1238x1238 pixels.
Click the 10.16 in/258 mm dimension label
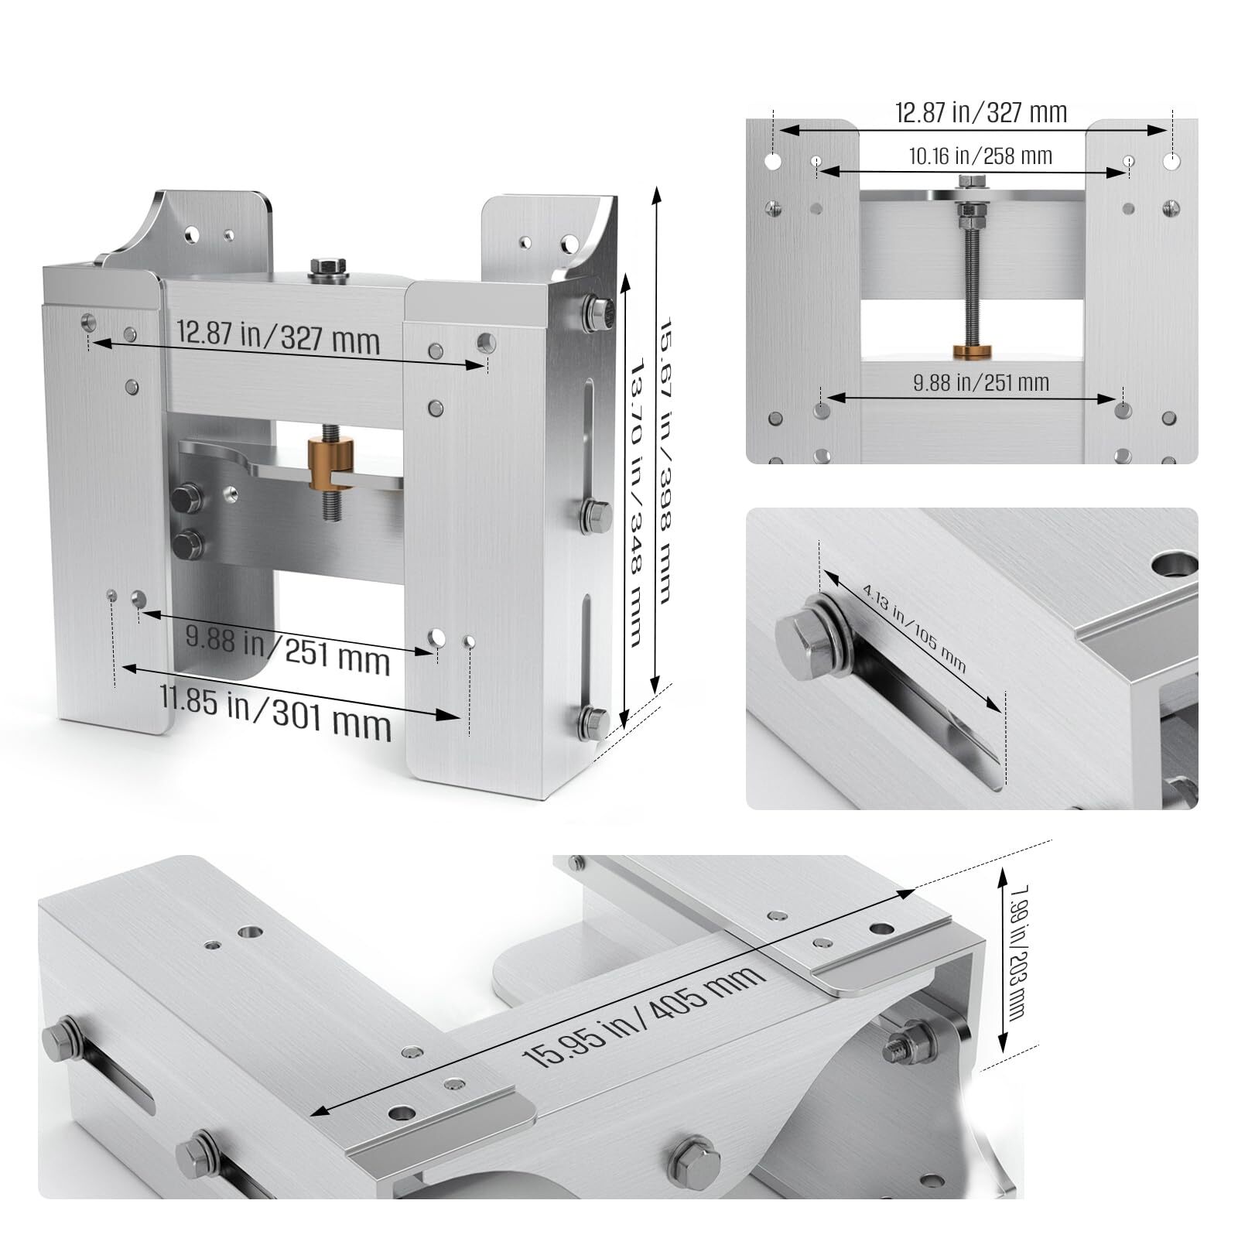coord(980,156)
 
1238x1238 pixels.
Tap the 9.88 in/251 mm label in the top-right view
coord(980,382)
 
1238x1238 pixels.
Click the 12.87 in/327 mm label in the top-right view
coord(980,113)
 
